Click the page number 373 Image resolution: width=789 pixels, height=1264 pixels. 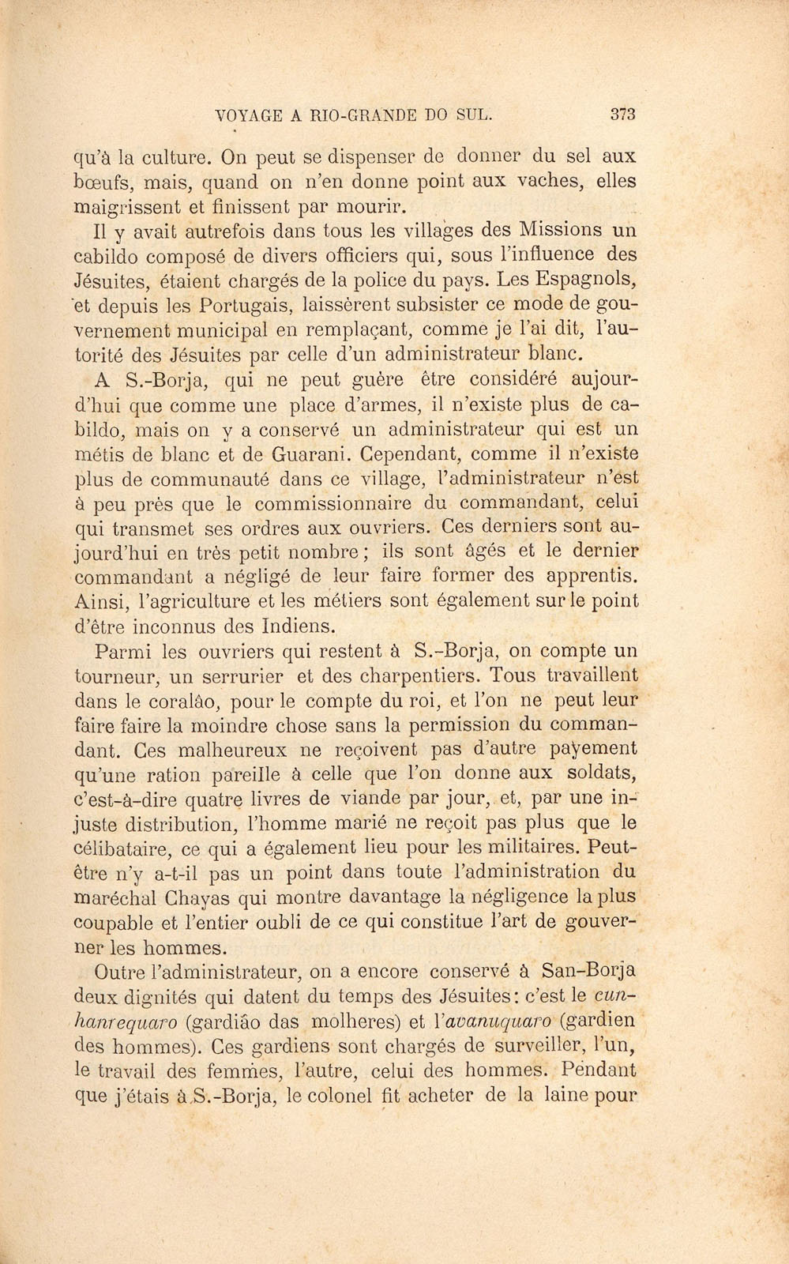click(x=623, y=114)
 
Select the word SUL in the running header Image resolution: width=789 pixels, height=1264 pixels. click(x=476, y=115)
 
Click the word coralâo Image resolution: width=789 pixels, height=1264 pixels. click(x=183, y=702)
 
